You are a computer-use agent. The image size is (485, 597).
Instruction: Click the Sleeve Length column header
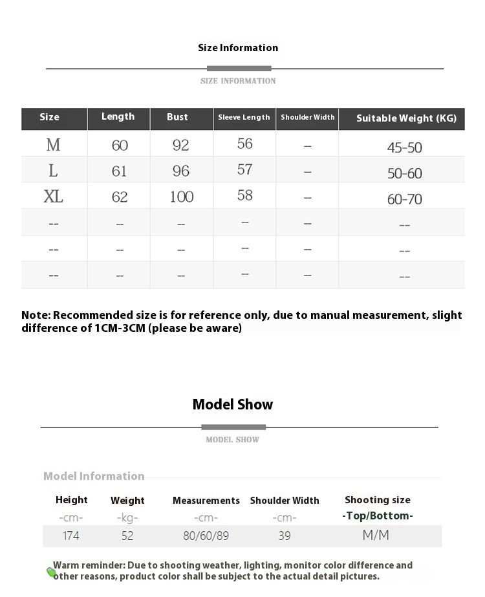point(244,118)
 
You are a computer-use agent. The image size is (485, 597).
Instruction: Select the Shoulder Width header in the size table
point(308,118)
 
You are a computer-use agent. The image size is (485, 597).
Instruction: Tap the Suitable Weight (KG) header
point(406,118)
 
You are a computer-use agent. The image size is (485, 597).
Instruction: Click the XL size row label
point(53,197)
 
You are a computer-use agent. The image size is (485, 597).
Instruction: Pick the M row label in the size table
point(53,145)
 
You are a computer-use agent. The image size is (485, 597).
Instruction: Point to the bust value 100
point(182,197)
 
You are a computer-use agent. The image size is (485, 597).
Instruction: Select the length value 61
point(120,171)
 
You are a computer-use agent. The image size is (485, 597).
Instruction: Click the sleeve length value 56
point(244,144)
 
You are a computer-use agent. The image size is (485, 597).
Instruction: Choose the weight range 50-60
point(405,173)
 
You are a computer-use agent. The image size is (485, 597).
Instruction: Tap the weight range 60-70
point(405,199)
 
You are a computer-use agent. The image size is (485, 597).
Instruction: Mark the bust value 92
point(181,145)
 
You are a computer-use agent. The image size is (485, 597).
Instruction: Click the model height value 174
point(71,536)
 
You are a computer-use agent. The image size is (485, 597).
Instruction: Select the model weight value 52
point(127,536)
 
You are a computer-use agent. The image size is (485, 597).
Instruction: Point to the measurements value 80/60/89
point(206,536)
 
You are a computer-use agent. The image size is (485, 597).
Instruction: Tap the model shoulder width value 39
point(285,536)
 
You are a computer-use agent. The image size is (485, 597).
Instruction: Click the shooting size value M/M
point(376,535)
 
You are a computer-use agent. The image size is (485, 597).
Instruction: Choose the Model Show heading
point(233,405)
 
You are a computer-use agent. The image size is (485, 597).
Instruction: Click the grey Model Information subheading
point(94,476)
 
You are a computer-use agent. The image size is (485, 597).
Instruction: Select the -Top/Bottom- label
point(378,516)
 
